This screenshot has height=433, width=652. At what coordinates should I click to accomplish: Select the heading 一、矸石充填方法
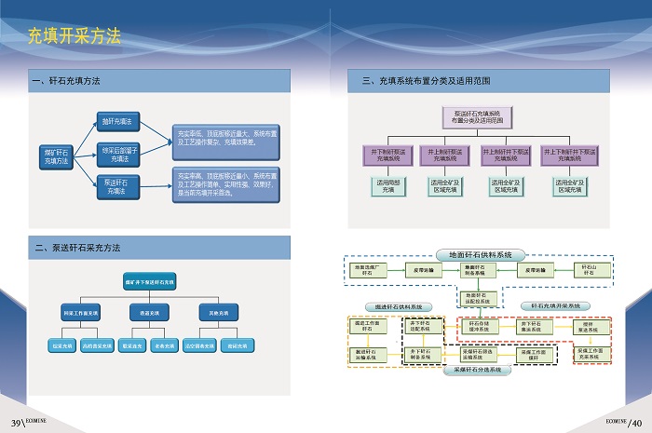pyautogui.click(x=67, y=82)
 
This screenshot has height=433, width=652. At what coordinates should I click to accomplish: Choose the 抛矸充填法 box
pyautogui.click(x=116, y=122)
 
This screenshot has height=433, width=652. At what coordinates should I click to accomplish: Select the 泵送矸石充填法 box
pyautogui.click(x=116, y=187)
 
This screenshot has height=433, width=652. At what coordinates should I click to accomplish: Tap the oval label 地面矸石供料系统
pyautogui.click(x=481, y=254)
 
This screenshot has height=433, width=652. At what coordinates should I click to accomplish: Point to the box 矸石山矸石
pyautogui.click(x=588, y=269)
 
